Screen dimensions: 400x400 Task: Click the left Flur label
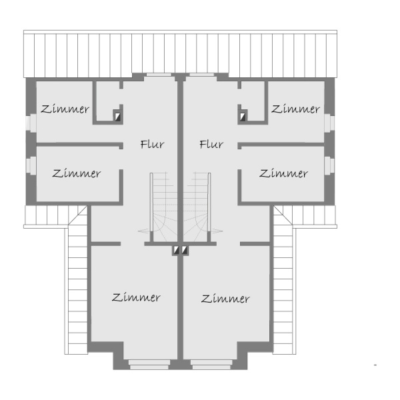[x=152, y=144]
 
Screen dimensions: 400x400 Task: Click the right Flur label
[x=211, y=144]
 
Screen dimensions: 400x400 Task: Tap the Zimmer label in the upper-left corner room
[x=65, y=109]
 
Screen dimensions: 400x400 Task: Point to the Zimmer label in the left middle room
[x=77, y=173]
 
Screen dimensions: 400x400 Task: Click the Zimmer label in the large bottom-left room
[x=137, y=297]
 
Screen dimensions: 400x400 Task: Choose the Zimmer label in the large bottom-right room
[x=225, y=298]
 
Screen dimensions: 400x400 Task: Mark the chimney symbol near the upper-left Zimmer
[x=117, y=116]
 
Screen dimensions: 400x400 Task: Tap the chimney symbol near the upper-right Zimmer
[x=243, y=116]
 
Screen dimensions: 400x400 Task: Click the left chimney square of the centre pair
[x=176, y=251]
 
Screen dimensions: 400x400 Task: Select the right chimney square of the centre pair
[x=185, y=251]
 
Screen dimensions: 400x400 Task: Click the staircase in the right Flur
[x=200, y=203]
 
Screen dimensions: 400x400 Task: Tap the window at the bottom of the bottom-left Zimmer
[x=149, y=365]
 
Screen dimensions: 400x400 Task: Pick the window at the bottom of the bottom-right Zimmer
[x=211, y=365]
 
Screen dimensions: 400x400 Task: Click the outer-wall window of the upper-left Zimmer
[x=31, y=123]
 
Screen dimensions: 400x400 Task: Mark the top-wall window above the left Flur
[x=159, y=75]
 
